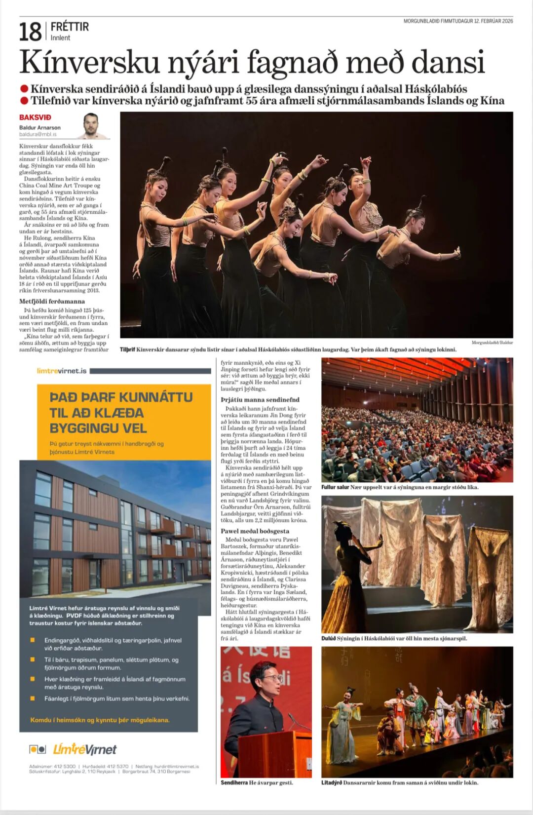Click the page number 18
30,32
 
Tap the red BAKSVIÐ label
35,117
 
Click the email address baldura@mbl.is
38,134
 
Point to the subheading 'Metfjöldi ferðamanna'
52,301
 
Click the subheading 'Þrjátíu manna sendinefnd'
260,399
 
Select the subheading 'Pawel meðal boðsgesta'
255,531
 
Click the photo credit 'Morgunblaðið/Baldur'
492,343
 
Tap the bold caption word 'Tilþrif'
127,349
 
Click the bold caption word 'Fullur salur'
335,487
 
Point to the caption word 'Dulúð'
328,638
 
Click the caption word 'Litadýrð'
331,782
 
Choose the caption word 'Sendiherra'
234,782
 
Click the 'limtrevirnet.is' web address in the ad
62,371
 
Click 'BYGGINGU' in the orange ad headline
98,428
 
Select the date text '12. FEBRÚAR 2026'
493,21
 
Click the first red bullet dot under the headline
24,89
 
